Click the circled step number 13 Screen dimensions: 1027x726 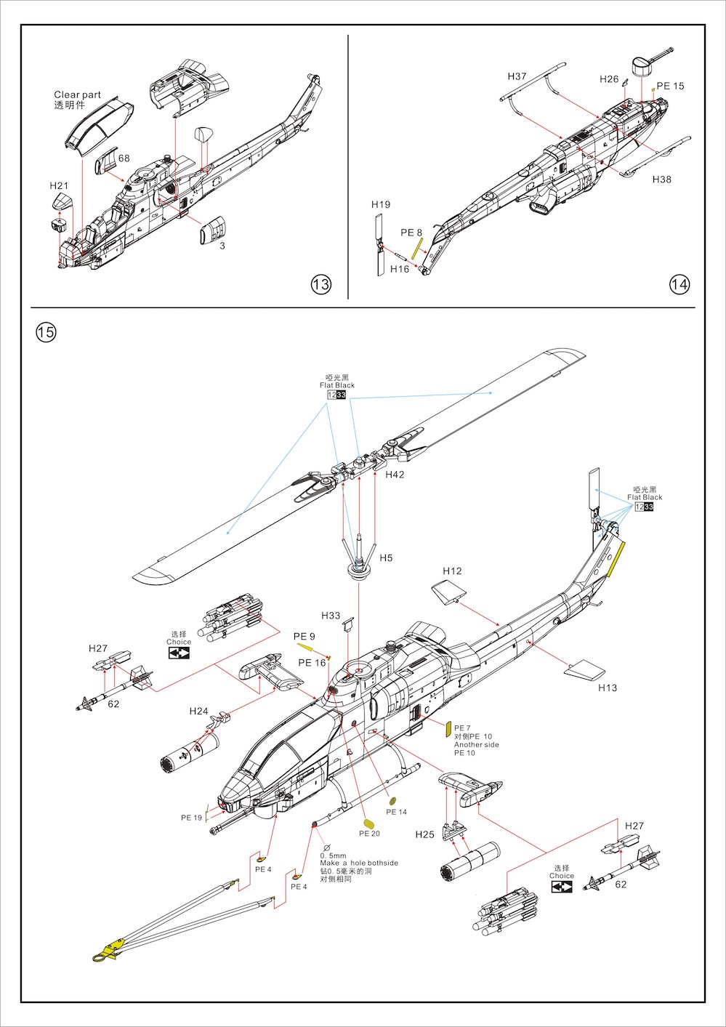(x=320, y=284)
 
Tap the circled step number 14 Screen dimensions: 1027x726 (x=679, y=284)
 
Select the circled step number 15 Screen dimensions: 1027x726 (x=46, y=333)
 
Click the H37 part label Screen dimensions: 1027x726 (x=517, y=76)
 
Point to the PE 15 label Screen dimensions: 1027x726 (x=670, y=86)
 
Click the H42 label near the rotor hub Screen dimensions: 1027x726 (x=395, y=475)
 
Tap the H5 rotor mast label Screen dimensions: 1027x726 (x=386, y=557)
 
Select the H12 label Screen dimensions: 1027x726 (x=452, y=571)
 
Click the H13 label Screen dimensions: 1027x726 (x=607, y=688)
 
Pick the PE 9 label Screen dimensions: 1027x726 (x=304, y=637)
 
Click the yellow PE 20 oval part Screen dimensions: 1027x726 (x=368, y=823)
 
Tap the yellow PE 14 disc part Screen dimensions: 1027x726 (x=393, y=800)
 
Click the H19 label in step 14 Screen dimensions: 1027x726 (x=381, y=205)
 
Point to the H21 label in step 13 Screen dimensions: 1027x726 (x=59, y=186)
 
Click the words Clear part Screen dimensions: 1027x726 (x=77, y=94)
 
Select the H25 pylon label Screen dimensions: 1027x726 (x=424, y=834)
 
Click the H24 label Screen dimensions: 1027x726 (x=198, y=711)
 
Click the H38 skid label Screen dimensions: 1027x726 (x=661, y=180)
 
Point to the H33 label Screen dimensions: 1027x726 (x=331, y=616)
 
